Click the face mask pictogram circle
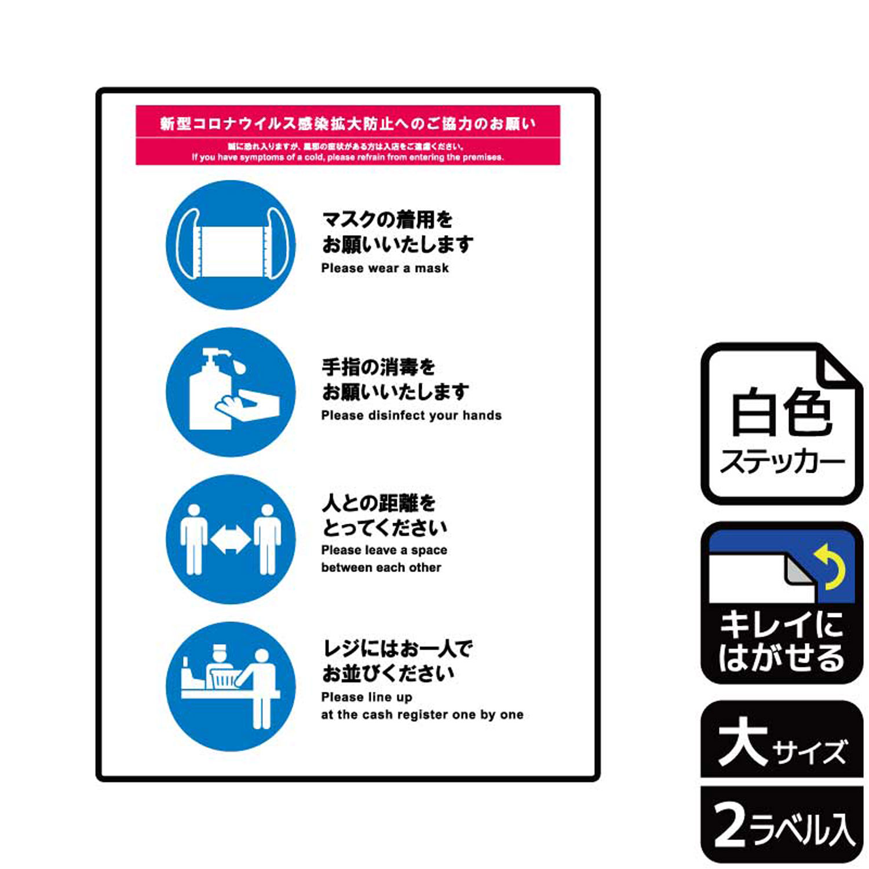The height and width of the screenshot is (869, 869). pos(231,244)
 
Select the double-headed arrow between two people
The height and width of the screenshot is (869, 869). pos(231,539)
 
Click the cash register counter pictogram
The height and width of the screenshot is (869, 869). pos(231,687)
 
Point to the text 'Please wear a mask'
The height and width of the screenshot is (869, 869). pos(385,268)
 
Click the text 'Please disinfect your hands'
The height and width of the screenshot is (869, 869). pos(411,415)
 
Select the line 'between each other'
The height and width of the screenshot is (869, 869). pos(381,568)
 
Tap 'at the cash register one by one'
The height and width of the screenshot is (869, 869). pos(422,715)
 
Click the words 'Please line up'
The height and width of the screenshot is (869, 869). pos(367,697)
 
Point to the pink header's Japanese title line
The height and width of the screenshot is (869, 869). pos(348,123)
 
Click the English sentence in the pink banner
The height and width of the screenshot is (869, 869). pos(348,157)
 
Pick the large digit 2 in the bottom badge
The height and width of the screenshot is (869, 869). pos(730,825)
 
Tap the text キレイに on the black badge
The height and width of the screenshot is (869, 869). pos(781,625)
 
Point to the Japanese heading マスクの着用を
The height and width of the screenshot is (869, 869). pos(387,220)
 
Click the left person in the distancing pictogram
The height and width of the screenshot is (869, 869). pos(193,539)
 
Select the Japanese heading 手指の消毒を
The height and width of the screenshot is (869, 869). pos(378,367)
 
